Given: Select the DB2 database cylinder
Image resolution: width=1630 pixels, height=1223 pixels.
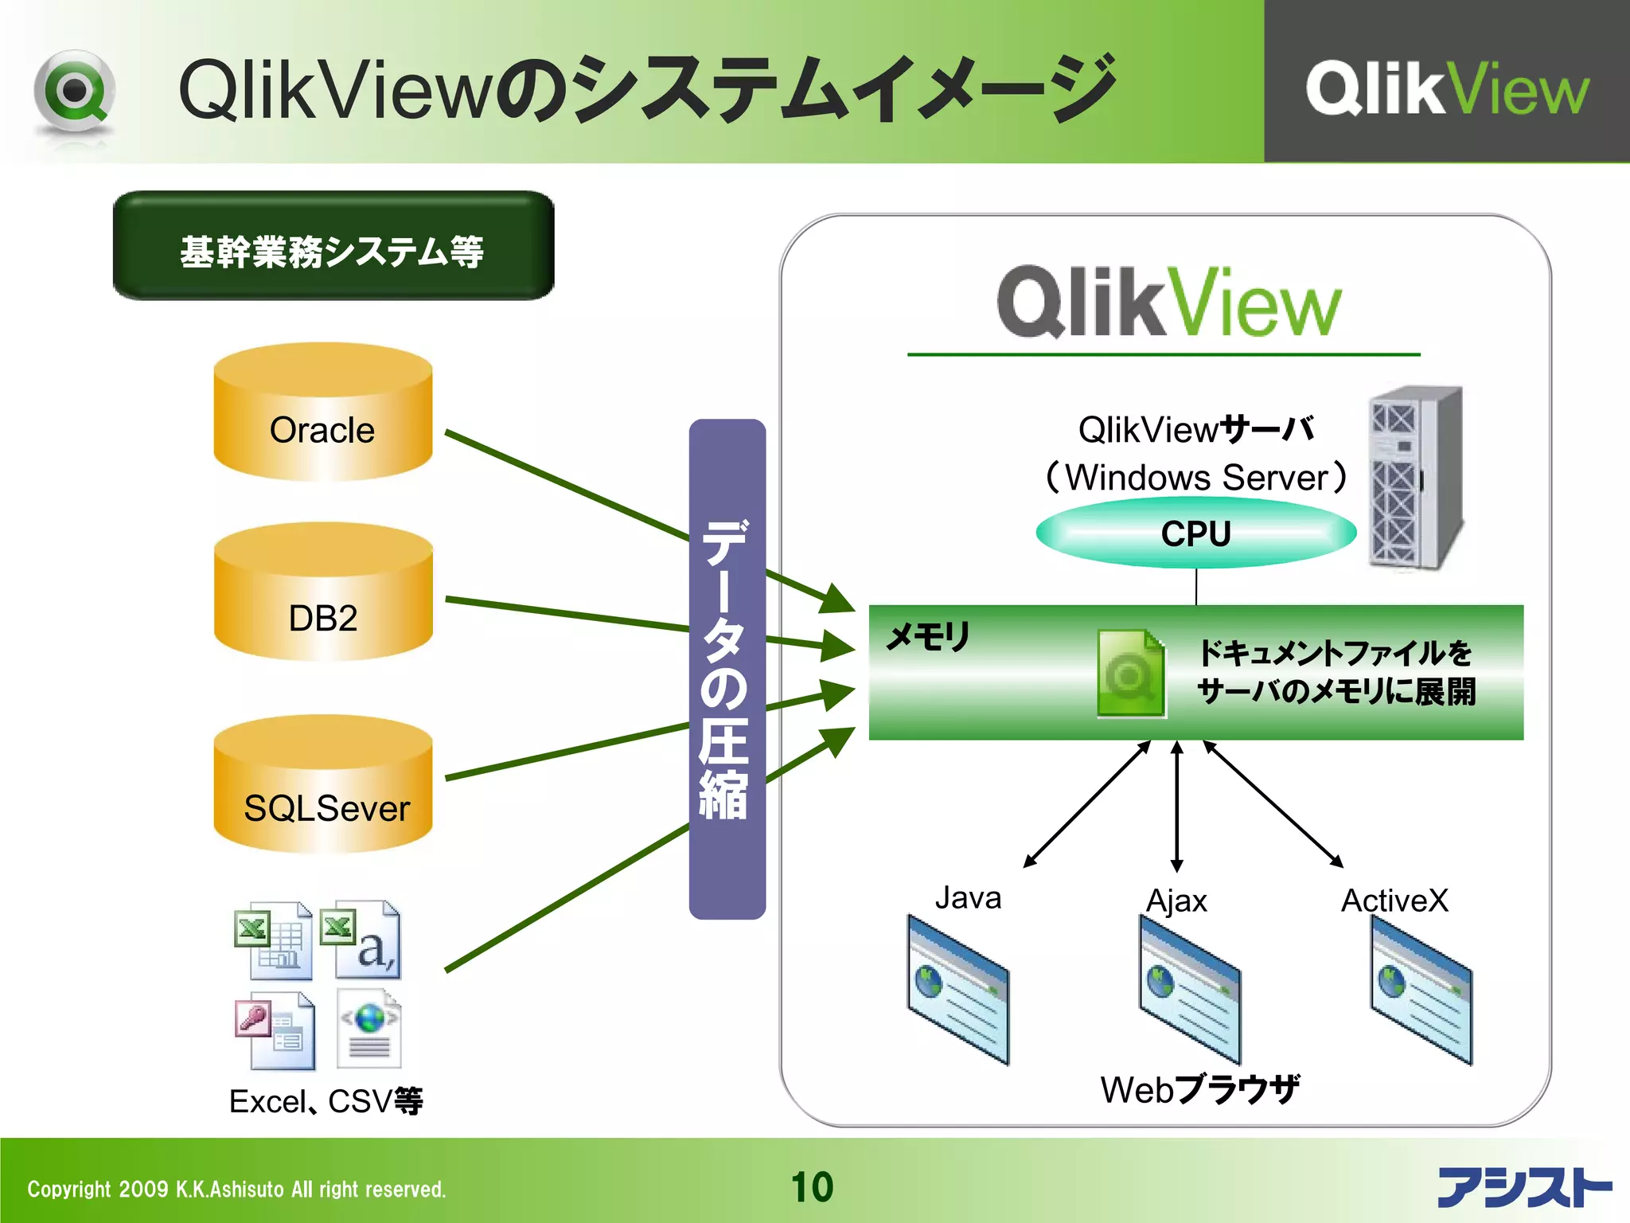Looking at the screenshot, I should point(322,593).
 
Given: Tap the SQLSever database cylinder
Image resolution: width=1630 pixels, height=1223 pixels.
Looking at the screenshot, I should point(322,784).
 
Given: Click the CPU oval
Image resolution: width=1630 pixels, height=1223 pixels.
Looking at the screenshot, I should point(1195,533).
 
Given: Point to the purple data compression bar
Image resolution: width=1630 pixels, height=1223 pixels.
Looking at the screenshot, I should point(727,669).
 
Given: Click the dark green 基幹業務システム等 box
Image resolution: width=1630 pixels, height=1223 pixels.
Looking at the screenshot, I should point(333,246).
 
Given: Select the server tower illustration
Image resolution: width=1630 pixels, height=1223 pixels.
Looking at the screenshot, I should point(1414,478).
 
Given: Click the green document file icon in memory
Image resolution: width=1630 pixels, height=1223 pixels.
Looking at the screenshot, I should point(1130,673).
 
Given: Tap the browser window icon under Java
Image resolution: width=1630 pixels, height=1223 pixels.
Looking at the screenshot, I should point(957,990).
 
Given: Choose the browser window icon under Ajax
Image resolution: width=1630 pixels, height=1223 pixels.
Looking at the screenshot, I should point(1189,990).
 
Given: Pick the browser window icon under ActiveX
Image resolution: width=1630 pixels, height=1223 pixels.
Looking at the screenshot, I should point(1421,990).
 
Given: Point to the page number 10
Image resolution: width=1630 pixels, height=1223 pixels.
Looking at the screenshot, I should point(812,1187).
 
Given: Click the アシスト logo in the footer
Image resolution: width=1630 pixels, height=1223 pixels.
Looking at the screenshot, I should point(1523,1187).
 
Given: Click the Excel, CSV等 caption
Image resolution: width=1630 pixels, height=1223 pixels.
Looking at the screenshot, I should point(326,1101).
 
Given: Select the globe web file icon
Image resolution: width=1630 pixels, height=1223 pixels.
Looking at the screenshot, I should point(369,1028).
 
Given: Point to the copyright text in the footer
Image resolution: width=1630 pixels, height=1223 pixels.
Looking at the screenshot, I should point(236,1190).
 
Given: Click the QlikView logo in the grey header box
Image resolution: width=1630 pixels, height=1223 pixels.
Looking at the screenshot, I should point(1446,88).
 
